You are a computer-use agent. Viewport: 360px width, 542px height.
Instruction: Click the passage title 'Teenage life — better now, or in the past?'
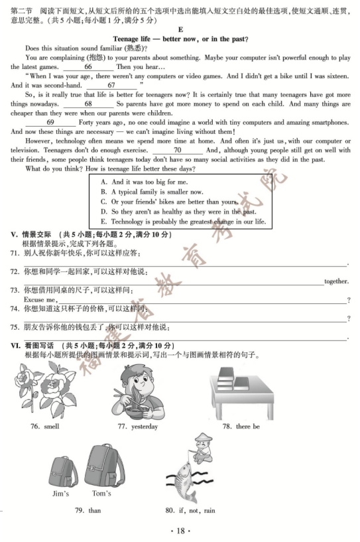(180, 40)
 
